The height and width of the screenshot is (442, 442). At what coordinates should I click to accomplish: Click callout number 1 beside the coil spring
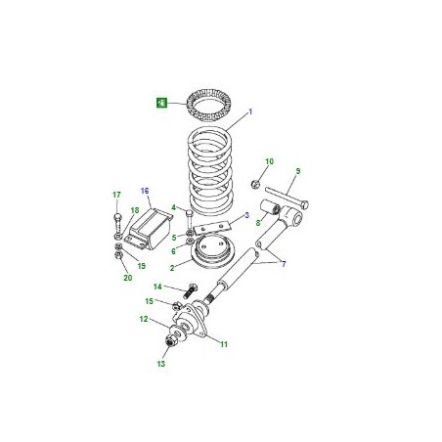tap(249, 113)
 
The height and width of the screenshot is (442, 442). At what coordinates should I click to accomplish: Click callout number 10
tap(269, 161)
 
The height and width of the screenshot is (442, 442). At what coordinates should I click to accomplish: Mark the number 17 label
tap(115, 196)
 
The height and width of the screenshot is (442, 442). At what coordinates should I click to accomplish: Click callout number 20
tap(126, 278)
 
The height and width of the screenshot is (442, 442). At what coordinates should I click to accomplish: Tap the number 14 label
tap(156, 286)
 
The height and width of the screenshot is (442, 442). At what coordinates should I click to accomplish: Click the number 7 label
tap(284, 265)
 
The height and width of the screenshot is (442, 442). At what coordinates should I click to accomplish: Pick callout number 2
tap(173, 266)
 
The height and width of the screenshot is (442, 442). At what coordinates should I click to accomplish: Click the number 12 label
tap(144, 319)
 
